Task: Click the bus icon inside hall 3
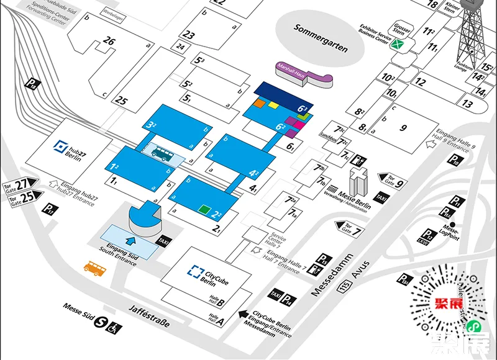click(x=163, y=153)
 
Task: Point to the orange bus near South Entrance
click(x=94, y=268)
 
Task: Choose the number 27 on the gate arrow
click(x=23, y=184)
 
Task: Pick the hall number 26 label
click(x=109, y=42)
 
